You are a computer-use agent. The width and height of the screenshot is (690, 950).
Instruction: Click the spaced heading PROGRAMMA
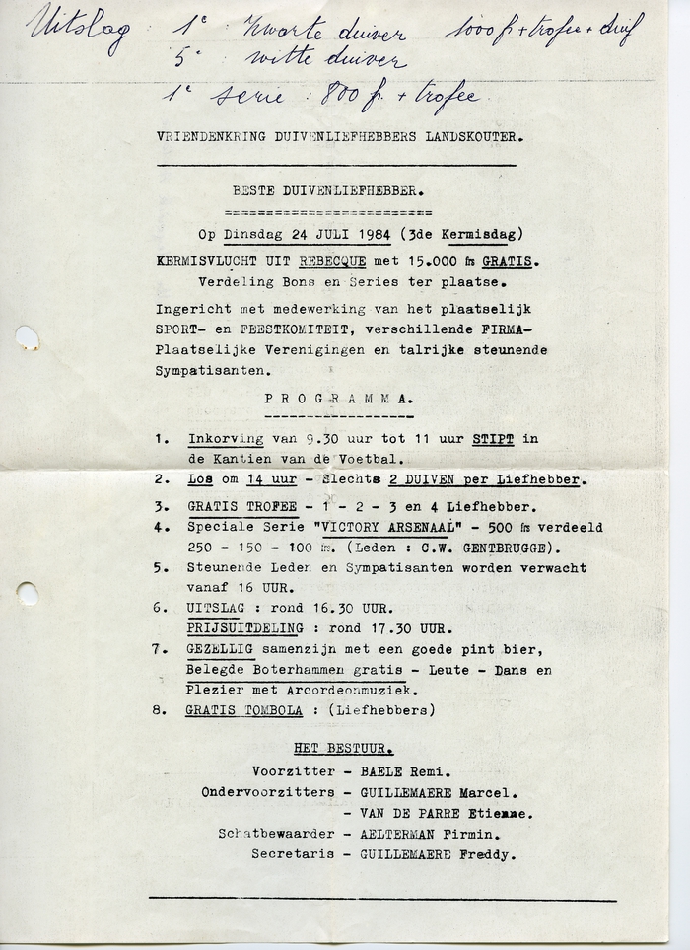click(x=339, y=400)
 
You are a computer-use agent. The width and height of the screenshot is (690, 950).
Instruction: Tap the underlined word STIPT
click(x=493, y=439)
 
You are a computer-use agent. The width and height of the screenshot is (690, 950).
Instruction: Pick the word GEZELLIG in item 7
click(x=220, y=648)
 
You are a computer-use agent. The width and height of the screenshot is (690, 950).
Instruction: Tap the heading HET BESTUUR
click(x=343, y=748)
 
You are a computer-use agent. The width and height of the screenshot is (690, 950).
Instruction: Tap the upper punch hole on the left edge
click(x=28, y=338)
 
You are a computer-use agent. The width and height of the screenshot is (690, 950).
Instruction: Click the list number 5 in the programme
click(x=159, y=568)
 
